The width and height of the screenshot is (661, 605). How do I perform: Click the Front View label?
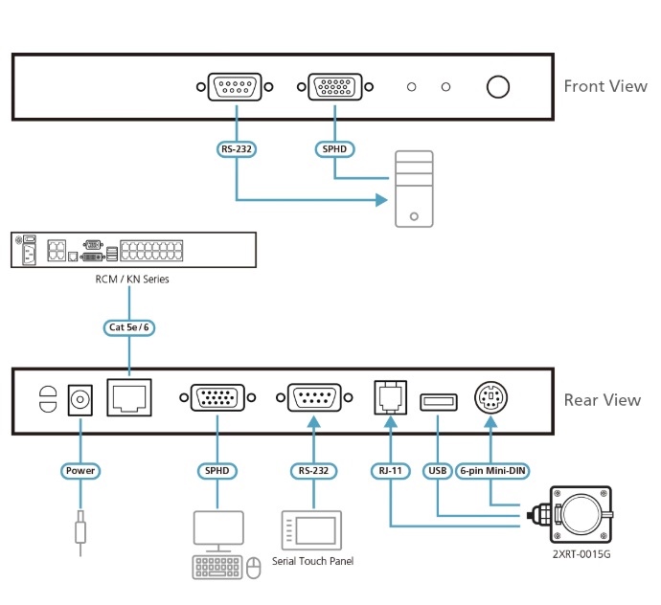point(605,86)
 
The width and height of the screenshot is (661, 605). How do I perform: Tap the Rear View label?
point(603,400)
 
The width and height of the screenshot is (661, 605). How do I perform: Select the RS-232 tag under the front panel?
point(237,149)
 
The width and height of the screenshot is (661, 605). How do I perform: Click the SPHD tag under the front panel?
point(334,149)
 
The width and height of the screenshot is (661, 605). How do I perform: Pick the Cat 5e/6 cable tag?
point(129,327)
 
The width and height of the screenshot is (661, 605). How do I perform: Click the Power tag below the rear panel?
point(80,471)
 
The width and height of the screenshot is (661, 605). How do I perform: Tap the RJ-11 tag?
point(391,471)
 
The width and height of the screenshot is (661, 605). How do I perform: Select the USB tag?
point(438,471)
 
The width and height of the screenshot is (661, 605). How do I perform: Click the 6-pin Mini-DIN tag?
point(492,471)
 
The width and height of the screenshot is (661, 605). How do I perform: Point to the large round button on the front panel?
point(498,87)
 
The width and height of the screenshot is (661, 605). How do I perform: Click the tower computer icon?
point(414,189)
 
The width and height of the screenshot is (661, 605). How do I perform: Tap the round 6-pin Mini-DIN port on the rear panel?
point(491,397)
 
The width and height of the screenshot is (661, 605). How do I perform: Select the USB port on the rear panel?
point(439,402)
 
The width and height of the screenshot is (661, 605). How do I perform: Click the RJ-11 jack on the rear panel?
point(391,397)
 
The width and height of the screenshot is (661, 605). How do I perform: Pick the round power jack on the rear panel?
point(80,399)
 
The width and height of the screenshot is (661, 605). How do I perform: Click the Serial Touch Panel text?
point(313,561)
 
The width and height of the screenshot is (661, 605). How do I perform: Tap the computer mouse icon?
point(253,568)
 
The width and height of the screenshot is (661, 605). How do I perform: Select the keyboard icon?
point(217,567)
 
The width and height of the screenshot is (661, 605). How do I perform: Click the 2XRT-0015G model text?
point(581,554)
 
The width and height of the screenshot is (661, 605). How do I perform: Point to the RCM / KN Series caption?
point(132,279)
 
